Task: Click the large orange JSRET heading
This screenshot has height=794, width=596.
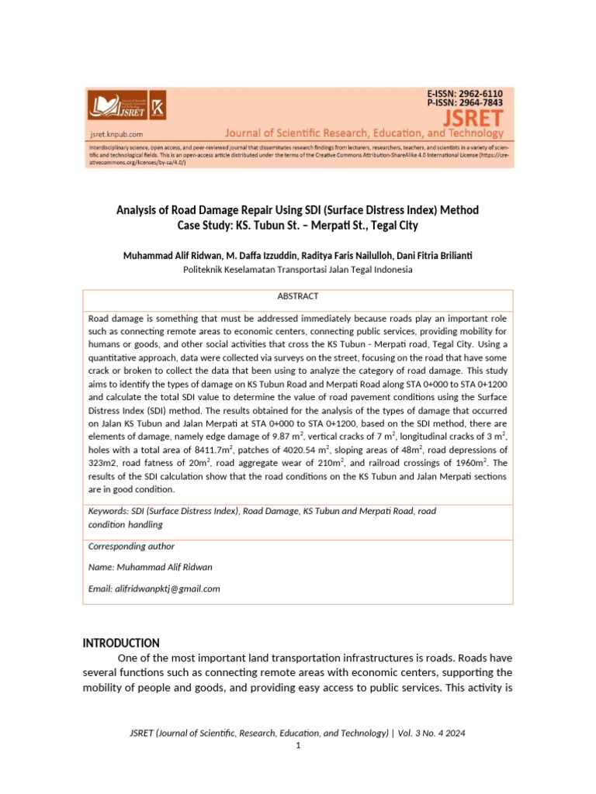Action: pos(473,118)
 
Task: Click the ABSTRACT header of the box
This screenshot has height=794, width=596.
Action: pos(298,297)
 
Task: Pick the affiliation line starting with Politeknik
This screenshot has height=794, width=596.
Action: pos(298,270)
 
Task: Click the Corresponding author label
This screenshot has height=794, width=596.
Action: pos(131,547)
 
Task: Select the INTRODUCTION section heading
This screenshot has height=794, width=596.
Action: pos(121,643)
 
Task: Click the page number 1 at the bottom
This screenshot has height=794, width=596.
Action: pos(298,745)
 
